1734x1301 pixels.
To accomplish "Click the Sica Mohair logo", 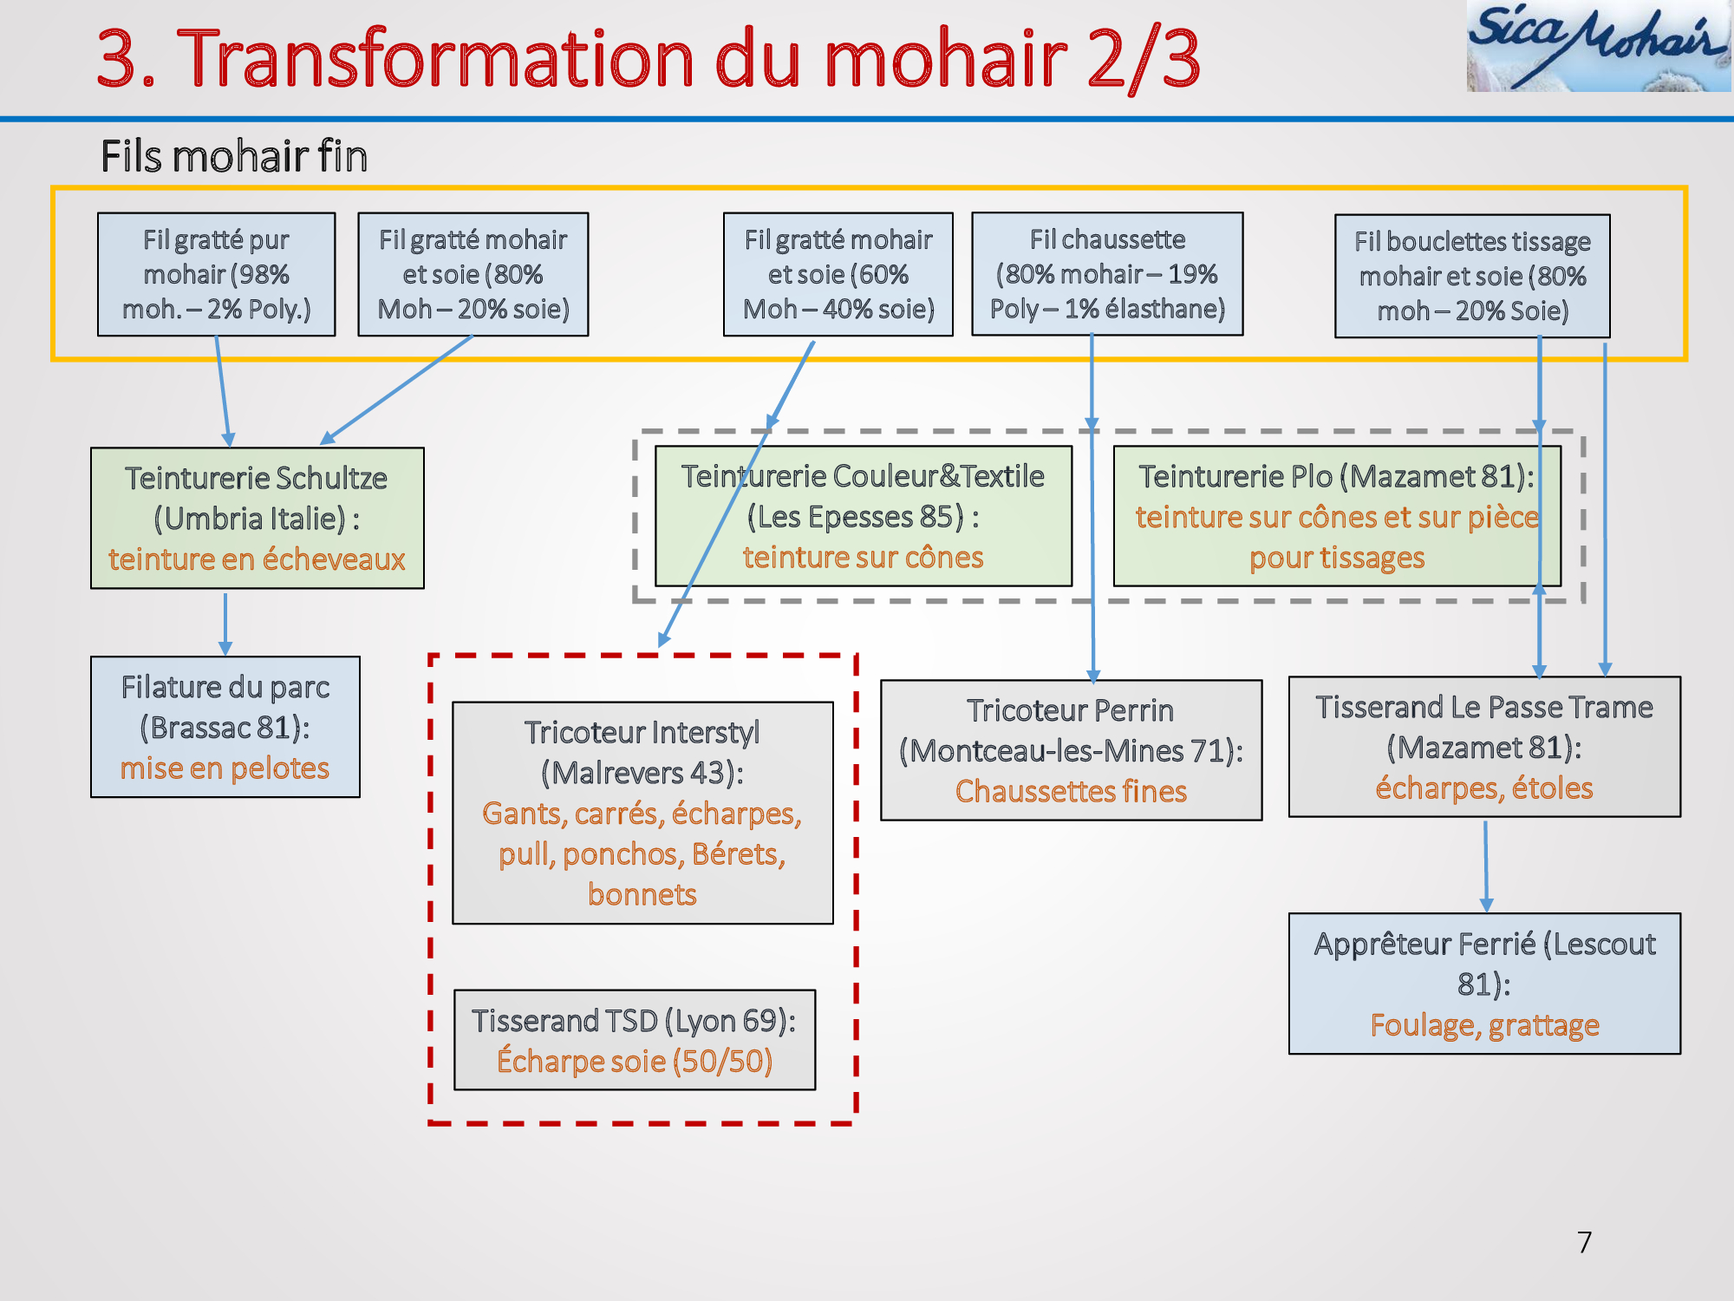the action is [1599, 45].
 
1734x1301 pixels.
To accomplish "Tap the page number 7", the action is [1584, 1242].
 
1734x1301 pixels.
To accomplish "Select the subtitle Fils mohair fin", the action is [234, 156].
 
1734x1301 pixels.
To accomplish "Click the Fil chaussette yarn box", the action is [1107, 274].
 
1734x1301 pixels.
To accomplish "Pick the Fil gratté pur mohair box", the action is [217, 274].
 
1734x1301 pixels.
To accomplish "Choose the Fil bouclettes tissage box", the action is [1472, 276].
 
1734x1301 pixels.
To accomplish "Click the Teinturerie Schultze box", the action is [257, 518].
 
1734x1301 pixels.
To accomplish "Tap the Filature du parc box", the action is [225, 727].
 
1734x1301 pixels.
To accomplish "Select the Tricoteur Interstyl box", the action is [642, 813].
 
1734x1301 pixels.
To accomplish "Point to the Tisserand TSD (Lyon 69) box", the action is [635, 1040].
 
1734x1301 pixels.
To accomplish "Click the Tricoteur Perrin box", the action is [1072, 750].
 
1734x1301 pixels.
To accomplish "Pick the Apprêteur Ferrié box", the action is [1484, 984].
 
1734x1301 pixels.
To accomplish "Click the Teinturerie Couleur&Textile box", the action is [864, 516].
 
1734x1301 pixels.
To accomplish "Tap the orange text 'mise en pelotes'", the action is [225, 768].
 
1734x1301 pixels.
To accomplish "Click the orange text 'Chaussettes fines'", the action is [1072, 791].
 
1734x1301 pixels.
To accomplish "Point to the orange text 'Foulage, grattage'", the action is [1484, 1025].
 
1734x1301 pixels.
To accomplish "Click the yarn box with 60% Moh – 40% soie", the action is [838, 274].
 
